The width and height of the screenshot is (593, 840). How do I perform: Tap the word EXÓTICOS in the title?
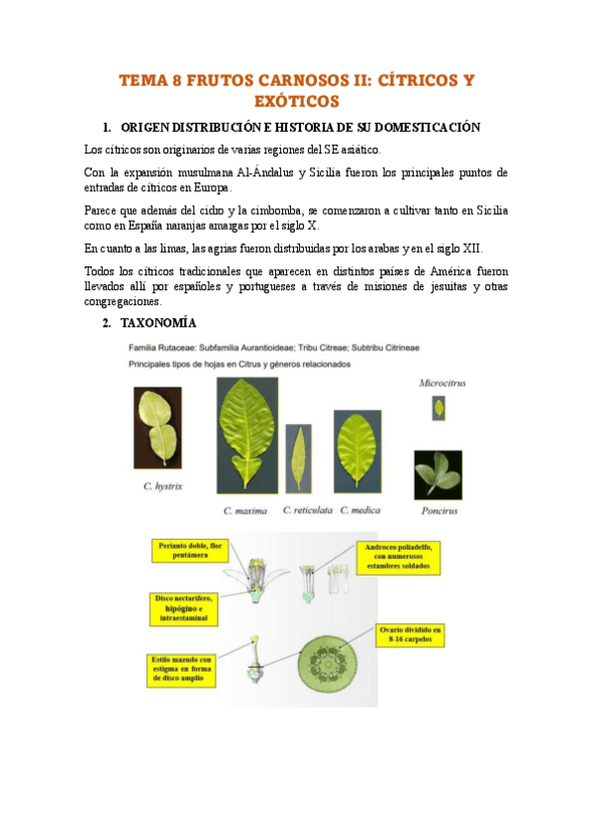pos(296,101)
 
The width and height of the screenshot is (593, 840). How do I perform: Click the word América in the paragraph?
pos(438,270)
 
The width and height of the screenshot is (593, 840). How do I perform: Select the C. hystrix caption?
pos(161,486)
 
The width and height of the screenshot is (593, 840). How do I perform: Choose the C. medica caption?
pos(361,510)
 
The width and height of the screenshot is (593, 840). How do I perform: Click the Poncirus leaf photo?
pos(438,473)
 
